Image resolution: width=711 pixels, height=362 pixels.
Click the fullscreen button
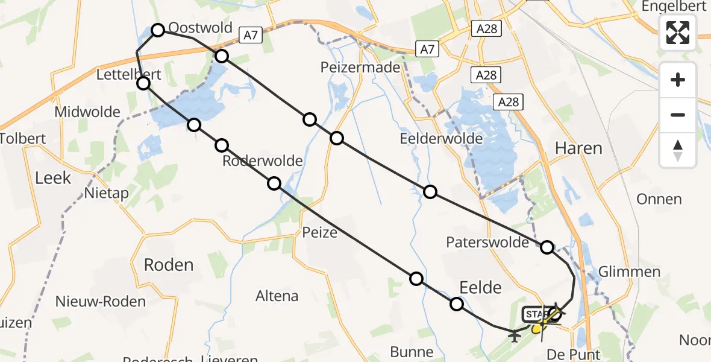[678, 33]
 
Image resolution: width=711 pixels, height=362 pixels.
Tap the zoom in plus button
[678, 80]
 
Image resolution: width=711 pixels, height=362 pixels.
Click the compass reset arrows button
[678, 150]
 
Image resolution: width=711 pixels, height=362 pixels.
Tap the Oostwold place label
[200, 28]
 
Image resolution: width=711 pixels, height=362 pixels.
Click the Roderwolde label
[262, 161]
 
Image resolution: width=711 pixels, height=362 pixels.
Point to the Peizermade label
[361, 67]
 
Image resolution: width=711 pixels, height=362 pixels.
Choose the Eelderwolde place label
[442, 139]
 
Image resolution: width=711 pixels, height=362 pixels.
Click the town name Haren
[578, 148]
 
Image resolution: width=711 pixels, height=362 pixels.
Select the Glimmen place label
[630, 271]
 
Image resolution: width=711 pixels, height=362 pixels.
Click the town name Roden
[169, 265]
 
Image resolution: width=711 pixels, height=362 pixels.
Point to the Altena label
[277, 296]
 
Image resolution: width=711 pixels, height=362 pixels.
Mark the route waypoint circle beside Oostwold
[158, 30]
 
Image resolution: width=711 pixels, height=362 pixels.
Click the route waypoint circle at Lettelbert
[143, 83]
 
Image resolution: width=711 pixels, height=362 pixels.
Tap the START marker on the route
[535, 314]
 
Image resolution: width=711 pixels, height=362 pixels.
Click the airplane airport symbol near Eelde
[515, 334]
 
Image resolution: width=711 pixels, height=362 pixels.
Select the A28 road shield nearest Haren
[508, 102]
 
